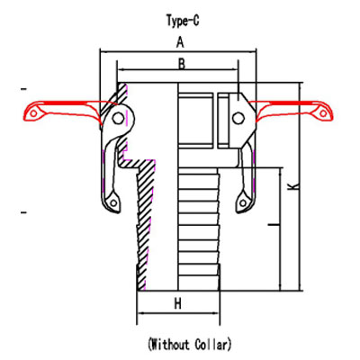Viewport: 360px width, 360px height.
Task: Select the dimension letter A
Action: [x=180, y=42]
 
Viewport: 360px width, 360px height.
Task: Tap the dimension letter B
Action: [x=181, y=64]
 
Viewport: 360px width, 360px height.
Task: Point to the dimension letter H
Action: [x=177, y=304]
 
